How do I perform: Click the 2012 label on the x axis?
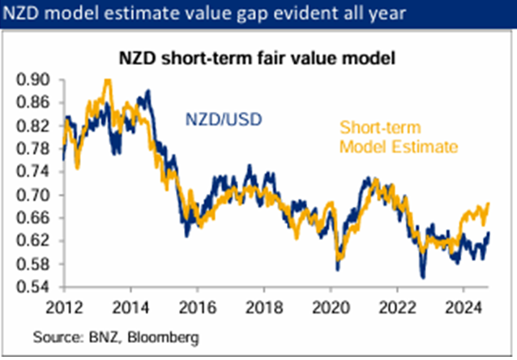pyautogui.click(x=66, y=308)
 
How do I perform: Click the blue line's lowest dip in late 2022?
pyautogui.click(x=422, y=277)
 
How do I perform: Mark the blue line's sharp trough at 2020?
pyautogui.click(x=336, y=269)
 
